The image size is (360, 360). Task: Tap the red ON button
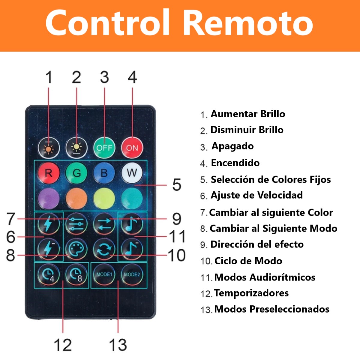click(x=132, y=148)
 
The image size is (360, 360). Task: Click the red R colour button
click(x=49, y=173)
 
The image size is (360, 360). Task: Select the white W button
click(x=132, y=173)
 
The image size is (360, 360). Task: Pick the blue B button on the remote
click(x=104, y=173)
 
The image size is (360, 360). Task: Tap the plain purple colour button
click(x=49, y=198)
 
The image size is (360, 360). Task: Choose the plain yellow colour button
click(x=104, y=198)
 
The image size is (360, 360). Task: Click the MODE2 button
click(x=132, y=274)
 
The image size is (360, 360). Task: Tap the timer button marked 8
click(x=76, y=274)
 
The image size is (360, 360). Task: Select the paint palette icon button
click(x=76, y=249)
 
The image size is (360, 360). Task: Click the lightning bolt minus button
click(x=49, y=249)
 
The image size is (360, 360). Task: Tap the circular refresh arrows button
click(x=104, y=249)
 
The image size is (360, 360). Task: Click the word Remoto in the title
click(x=248, y=23)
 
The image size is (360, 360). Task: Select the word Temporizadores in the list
click(x=251, y=293)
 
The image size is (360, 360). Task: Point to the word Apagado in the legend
click(x=232, y=146)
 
